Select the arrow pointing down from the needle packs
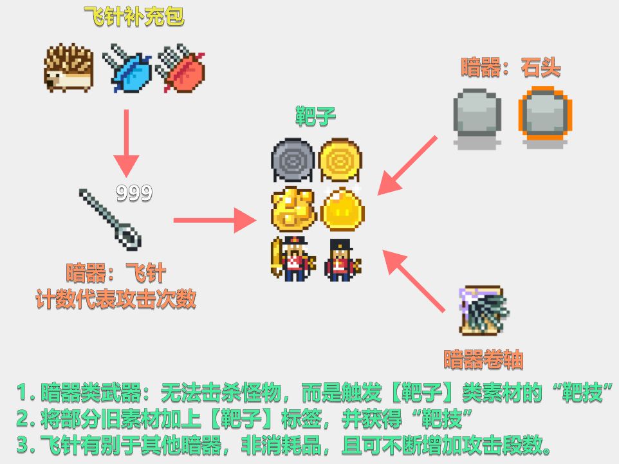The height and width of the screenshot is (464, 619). (x=126, y=142)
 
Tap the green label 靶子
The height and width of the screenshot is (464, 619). (x=315, y=117)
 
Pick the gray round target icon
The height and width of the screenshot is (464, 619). (x=293, y=160)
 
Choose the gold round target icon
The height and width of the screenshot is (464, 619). (x=340, y=160)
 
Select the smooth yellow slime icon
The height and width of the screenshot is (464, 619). (x=342, y=210)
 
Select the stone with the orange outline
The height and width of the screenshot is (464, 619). (x=544, y=117)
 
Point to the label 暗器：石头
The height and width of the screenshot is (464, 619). (x=511, y=67)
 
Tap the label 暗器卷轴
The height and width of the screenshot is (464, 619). (x=483, y=358)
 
